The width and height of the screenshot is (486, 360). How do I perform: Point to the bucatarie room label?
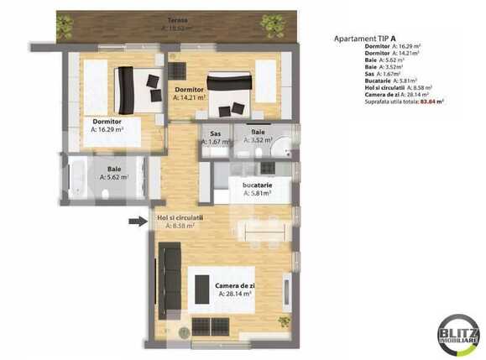click(257, 187)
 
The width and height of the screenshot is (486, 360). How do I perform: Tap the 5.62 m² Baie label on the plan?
click(113, 174)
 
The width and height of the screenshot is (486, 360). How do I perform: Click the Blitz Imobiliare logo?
click(458, 335)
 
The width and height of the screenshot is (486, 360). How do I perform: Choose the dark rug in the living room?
click(202, 290)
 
